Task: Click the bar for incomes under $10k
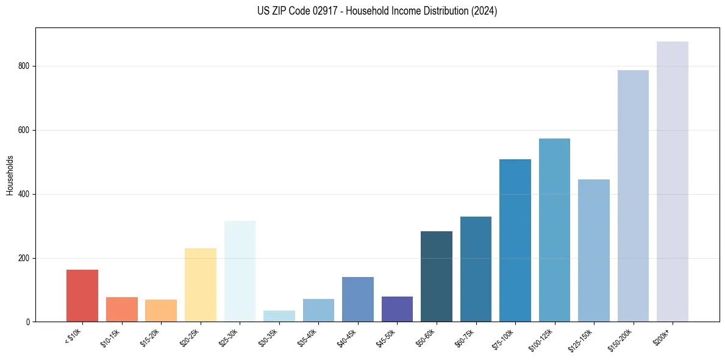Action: coord(82,296)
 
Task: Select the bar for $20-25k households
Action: coord(201,285)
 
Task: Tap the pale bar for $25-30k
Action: coord(240,272)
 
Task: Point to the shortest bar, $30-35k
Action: coord(279,316)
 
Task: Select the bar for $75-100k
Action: coord(515,240)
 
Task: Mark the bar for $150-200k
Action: coord(633,196)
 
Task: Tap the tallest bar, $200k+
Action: coord(673,182)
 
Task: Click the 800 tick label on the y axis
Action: coord(25,67)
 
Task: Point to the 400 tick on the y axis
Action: coord(25,194)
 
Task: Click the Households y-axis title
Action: coord(10,175)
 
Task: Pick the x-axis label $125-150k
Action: coord(582,339)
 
